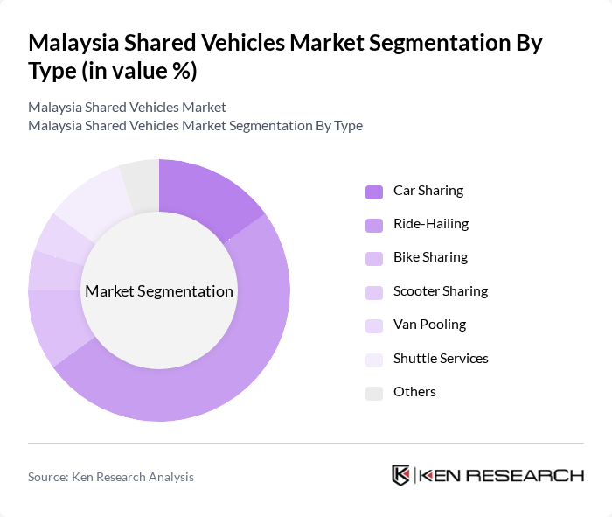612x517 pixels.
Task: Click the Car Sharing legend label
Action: (x=428, y=191)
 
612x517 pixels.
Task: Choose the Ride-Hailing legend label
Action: (x=430, y=224)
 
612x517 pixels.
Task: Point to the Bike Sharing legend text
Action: (x=430, y=257)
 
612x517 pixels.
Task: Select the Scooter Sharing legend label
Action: (x=440, y=291)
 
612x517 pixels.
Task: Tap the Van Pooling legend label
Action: (x=429, y=325)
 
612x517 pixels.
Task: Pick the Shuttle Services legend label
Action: (x=441, y=359)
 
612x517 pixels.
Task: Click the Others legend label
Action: (x=414, y=392)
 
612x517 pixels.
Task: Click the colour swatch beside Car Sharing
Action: (x=374, y=192)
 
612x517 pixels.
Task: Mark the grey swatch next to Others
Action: (x=374, y=393)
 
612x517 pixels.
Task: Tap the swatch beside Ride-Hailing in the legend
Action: (x=374, y=225)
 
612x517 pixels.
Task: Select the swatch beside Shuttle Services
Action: (x=374, y=360)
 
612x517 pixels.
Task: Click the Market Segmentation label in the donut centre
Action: (x=159, y=291)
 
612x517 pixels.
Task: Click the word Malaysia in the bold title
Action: (x=71, y=42)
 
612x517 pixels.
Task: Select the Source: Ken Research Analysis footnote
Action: (x=111, y=477)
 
